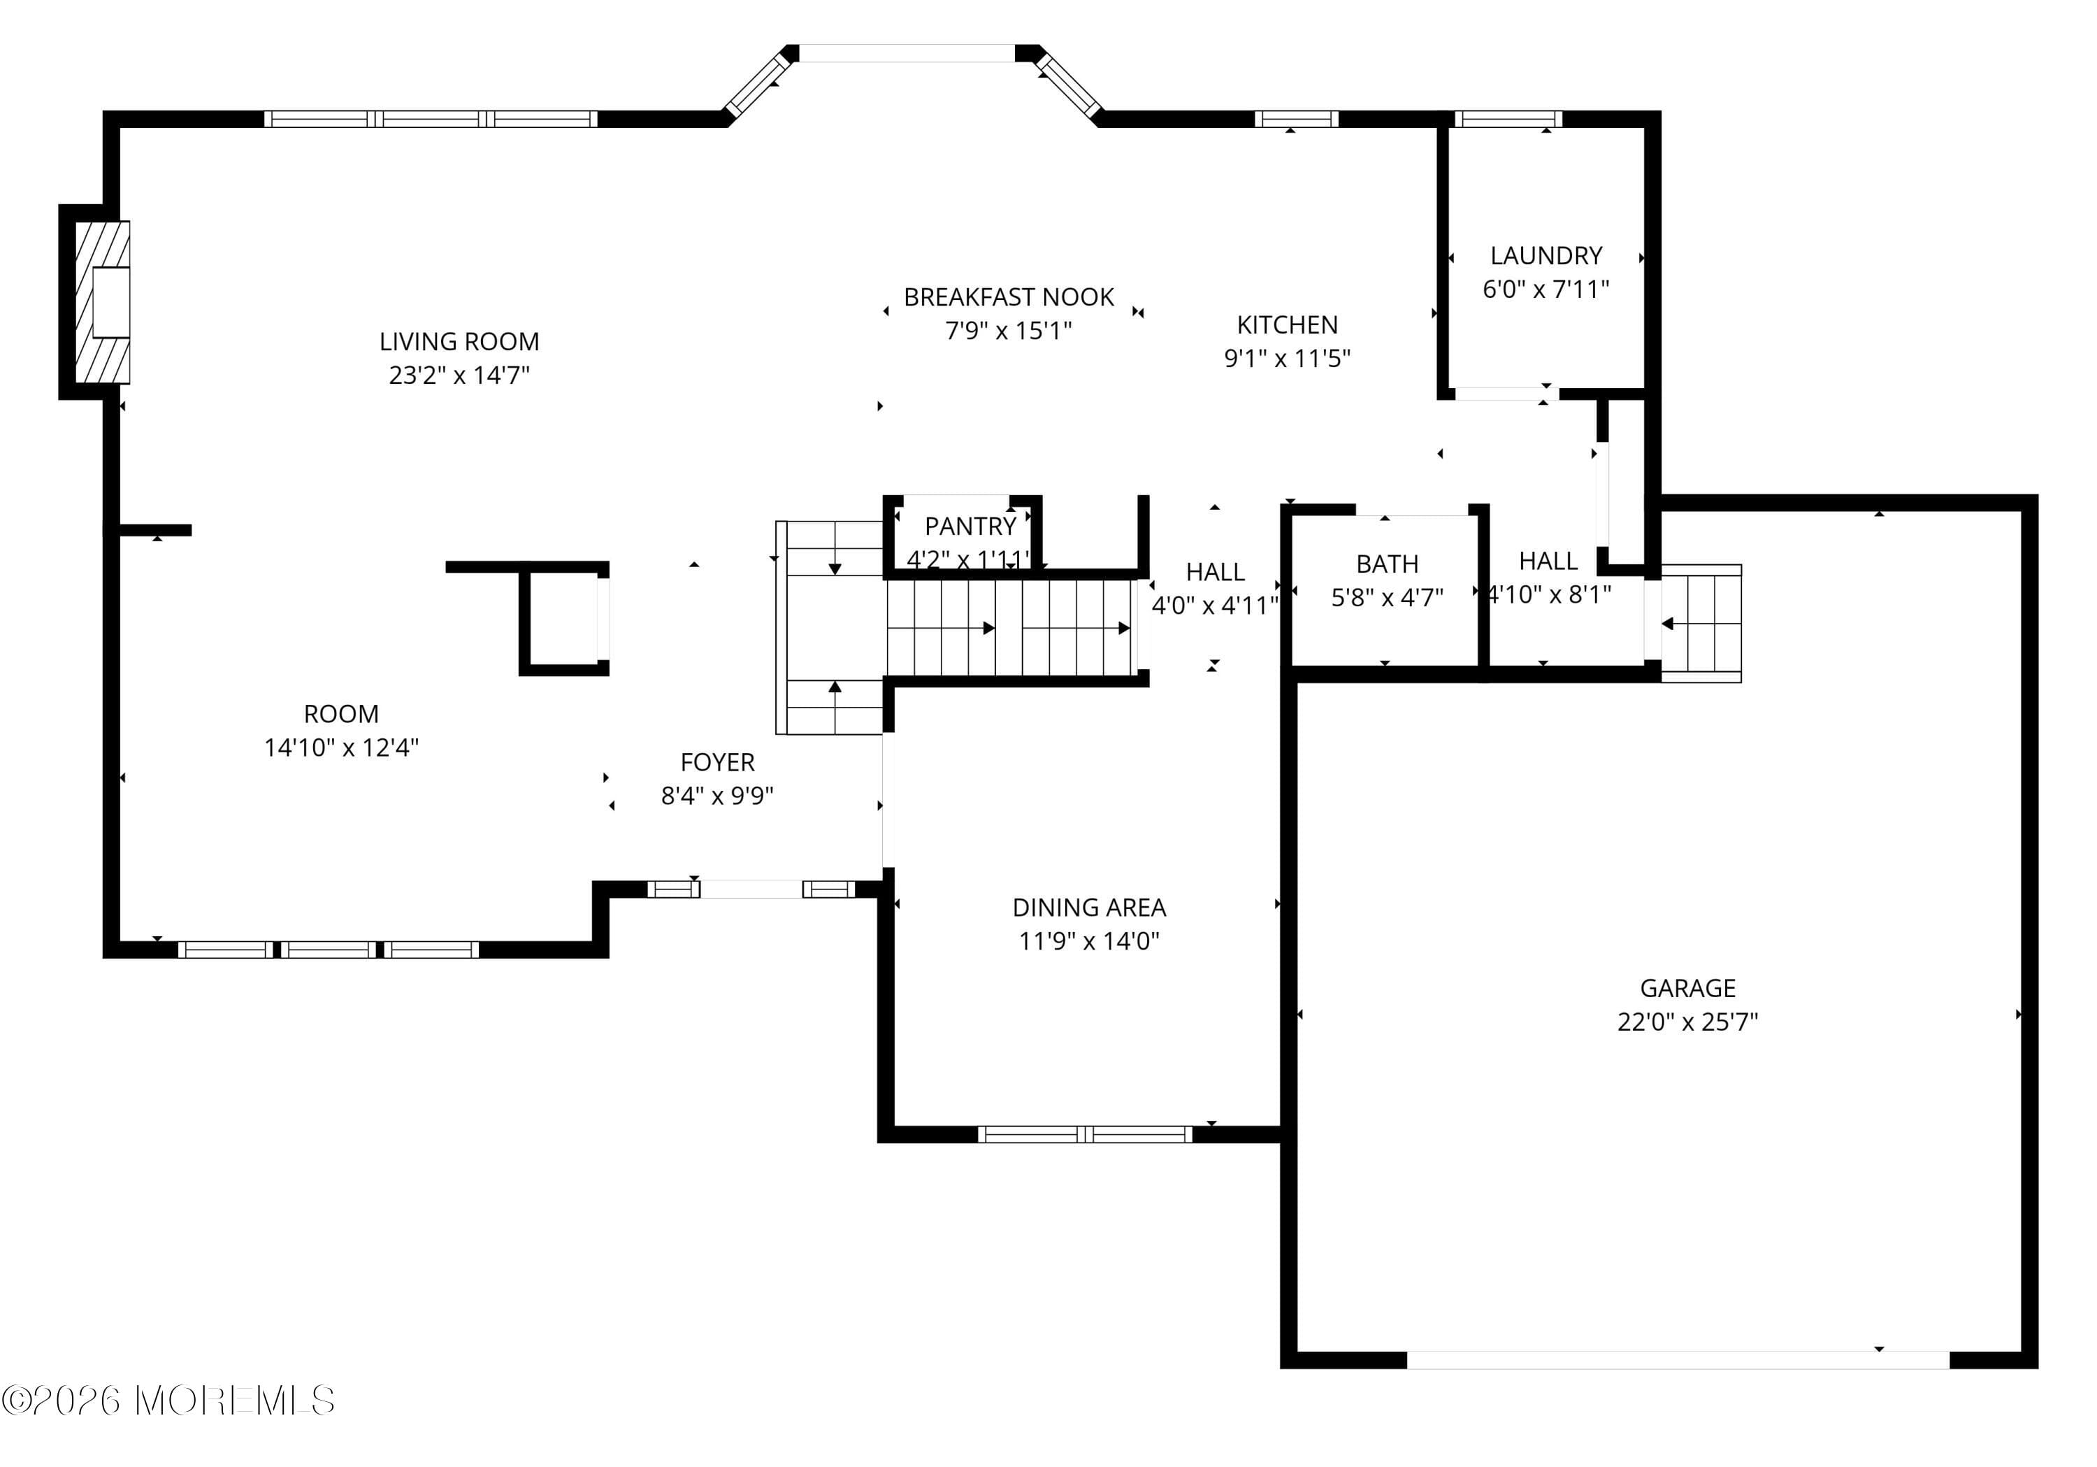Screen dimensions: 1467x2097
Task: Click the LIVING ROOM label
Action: point(459,342)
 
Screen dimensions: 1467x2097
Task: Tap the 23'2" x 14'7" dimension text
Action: point(459,375)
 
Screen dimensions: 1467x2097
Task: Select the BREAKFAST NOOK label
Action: point(1009,297)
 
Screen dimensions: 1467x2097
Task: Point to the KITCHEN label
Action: point(1287,324)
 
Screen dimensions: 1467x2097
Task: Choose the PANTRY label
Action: point(970,526)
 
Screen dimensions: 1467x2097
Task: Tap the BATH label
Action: point(1386,564)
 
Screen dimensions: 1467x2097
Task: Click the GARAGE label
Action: point(1687,987)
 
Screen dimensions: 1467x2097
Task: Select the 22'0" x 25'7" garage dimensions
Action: point(1687,1022)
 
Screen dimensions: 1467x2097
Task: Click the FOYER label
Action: point(717,761)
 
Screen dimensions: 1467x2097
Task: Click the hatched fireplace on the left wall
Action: point(101,302)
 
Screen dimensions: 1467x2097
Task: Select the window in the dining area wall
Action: point(1084,1134)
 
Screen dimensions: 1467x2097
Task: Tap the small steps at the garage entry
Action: point(1701,624)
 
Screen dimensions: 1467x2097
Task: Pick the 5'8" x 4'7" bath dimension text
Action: point(1386,597)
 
